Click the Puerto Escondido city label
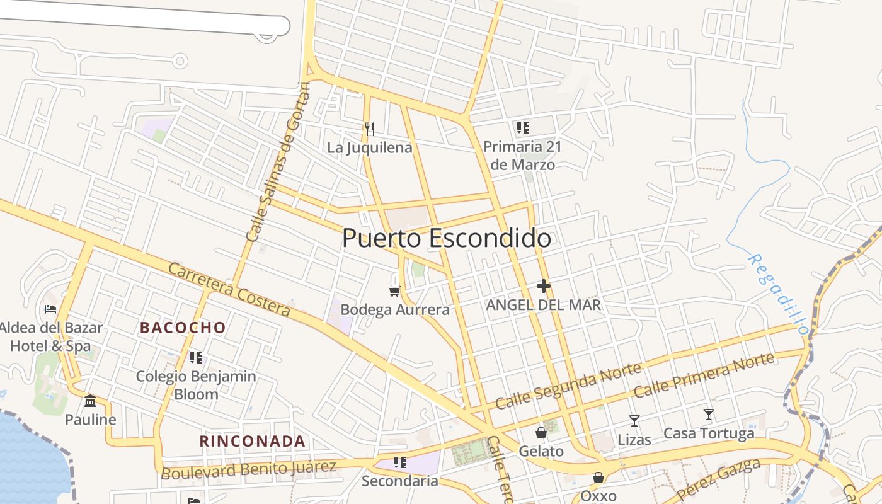click(447, 238)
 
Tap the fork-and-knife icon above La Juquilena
click(370, 129)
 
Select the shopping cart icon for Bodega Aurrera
click(395, 290)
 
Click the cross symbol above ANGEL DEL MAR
click(543, 286)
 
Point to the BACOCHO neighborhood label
click(183, 328)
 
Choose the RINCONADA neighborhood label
click(253, 441)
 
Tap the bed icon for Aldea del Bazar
click(50, 309)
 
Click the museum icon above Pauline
click(90, 401)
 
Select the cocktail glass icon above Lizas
click(634, 420)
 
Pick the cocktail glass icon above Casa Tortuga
click(709, 414)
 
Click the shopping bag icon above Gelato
click(541, 432)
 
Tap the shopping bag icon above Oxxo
click(598, 478)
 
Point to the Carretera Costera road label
click(229, 290)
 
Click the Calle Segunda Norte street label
click(568, 385)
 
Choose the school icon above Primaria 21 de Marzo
click(522, 128)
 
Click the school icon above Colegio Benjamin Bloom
click(196, 358)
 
